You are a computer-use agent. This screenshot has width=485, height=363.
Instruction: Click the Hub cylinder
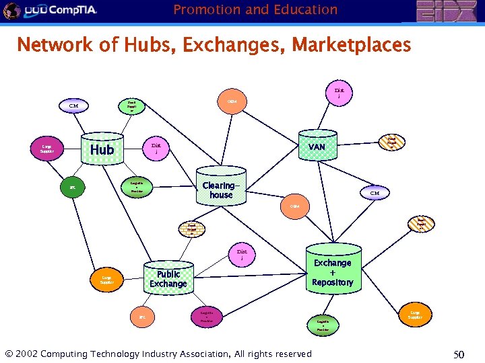click(102, 149)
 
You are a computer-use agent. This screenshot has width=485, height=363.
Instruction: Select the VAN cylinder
click(316, 147)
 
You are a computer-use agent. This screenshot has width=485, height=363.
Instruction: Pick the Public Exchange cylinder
click(168, 278)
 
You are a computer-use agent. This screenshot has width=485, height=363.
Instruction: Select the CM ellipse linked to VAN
click(375, 193)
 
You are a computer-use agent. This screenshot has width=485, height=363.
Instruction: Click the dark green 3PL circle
click(72, 188)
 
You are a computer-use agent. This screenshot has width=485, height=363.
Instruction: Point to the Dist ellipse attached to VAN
click(339, 93)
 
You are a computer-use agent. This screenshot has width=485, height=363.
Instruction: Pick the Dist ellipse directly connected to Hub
click(156, 147)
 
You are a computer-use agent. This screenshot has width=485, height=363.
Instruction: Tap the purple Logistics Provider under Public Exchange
click(207, 316)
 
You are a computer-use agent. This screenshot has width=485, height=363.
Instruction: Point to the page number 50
click(460, 354)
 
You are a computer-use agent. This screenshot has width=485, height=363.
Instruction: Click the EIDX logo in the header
click(447, 11)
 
